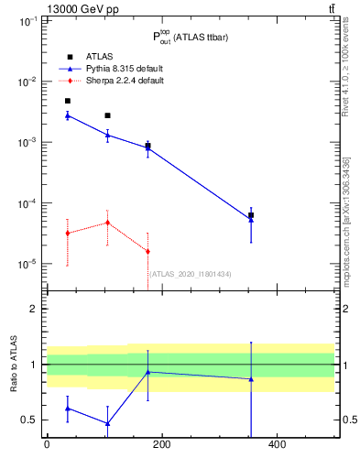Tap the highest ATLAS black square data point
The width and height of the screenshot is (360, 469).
68,101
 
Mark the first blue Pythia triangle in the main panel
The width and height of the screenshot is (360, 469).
68,115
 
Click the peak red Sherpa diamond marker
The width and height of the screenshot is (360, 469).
108,223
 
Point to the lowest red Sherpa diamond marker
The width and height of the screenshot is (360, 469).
147,251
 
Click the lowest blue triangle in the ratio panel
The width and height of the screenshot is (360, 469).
108,423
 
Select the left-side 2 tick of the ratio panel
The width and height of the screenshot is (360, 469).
36,309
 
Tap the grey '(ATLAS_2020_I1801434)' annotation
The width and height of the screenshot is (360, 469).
191,274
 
